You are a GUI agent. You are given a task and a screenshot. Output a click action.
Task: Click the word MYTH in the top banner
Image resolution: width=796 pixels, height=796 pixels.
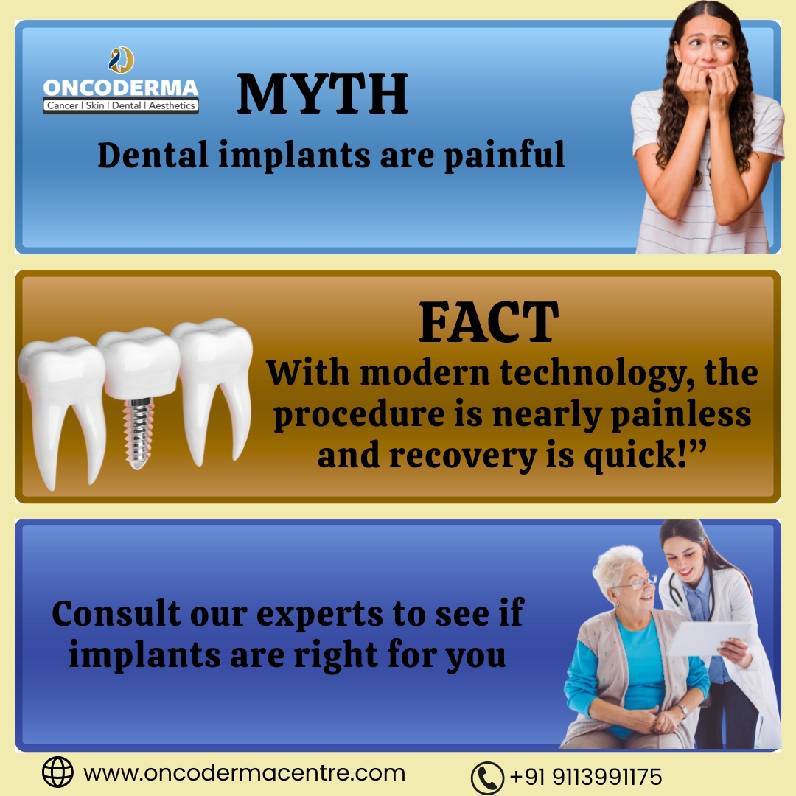(322, 94)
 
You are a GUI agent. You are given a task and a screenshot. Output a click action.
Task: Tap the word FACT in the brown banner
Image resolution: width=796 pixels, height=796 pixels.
(489, 322)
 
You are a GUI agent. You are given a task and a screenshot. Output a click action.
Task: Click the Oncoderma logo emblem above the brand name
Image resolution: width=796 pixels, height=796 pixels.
(121, 60)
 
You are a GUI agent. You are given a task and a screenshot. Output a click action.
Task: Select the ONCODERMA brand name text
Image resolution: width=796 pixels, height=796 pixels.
(121, 88)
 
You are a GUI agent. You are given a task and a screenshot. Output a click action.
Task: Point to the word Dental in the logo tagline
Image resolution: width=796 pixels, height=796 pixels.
(127, 105)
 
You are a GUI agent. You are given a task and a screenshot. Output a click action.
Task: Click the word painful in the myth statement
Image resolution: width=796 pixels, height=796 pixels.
(504, 154)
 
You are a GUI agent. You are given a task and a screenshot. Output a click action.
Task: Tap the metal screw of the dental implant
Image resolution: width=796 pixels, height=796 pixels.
(139, 432)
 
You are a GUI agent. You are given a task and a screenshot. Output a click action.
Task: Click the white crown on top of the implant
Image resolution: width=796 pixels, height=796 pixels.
(139, 362)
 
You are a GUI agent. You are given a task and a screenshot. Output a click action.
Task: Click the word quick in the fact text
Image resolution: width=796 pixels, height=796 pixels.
(630, 456)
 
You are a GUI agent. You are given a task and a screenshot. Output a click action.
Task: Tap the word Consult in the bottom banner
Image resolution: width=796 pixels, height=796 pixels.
(116, 613)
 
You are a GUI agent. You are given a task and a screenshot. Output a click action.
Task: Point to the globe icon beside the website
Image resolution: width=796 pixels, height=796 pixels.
(57, 772)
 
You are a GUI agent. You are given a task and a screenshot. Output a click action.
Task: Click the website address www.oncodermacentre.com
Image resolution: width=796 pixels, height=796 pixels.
(244, 773)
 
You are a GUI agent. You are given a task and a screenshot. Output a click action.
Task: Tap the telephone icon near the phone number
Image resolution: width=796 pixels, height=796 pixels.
(487, 778)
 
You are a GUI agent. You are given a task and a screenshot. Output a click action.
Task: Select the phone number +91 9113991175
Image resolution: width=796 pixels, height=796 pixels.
(586, 777)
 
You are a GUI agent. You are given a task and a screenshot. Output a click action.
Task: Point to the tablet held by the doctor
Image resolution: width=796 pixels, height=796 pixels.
(708, 638)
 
